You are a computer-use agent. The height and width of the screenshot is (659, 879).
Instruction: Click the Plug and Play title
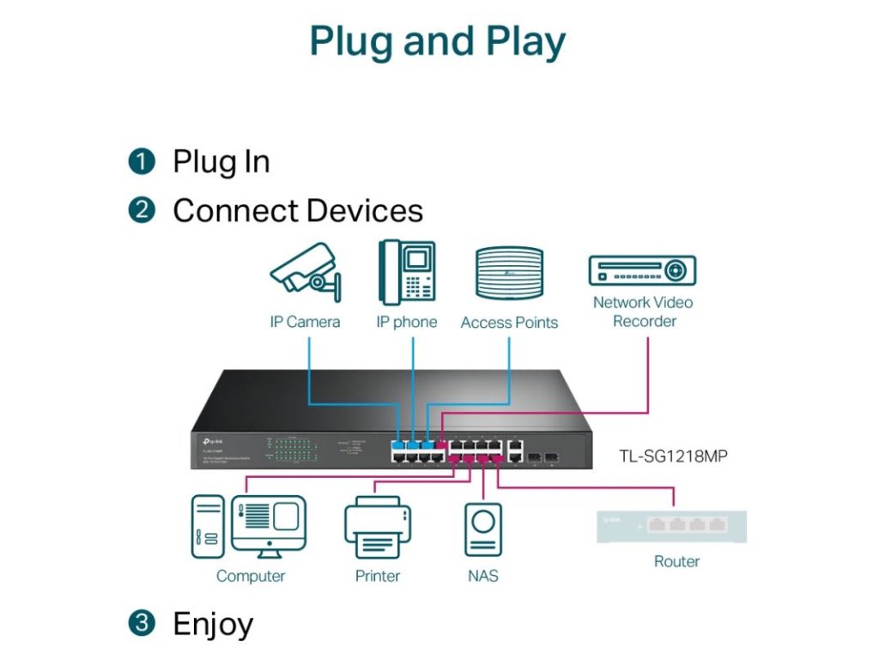point(438,41)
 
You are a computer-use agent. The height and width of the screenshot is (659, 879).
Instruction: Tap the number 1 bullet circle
point(142,161)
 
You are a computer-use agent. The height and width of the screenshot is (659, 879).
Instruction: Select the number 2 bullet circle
point(142,211)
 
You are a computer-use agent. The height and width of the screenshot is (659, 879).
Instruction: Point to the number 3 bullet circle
point(142,623)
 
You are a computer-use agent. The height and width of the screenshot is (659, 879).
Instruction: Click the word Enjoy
point(213,624)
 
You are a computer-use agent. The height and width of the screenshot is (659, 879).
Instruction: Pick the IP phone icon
point(406,272)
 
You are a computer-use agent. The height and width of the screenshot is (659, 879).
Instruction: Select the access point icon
point(510,273)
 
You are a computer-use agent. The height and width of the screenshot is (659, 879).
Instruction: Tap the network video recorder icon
point(641,270)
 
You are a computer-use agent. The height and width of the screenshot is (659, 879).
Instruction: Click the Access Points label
point(509,323)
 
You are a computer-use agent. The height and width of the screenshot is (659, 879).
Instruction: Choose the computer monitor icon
point(268,526)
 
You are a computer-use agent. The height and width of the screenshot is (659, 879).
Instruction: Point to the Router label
point(676,561)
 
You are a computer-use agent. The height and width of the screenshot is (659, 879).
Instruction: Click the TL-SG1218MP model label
point(673,456)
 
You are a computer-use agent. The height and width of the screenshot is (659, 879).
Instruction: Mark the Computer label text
point(250,576)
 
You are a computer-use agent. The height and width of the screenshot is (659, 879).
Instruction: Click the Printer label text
point(378,576)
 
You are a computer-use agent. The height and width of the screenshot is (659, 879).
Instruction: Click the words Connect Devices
point(298,211)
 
